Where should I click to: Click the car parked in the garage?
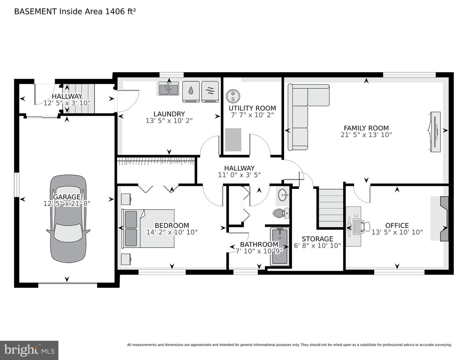pos(68,219)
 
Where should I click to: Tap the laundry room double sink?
pos(169,89)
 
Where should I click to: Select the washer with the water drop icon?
pos(191,92)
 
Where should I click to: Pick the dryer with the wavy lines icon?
pos(210,92)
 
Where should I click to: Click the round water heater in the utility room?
pos(233,96)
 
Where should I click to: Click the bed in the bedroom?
pos(148,228)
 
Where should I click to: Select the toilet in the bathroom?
pos(281,213)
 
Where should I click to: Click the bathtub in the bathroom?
pos(280,246)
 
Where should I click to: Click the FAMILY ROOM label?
pos(366,128)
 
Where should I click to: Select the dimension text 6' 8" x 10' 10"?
pos(317,245)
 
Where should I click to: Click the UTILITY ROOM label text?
pos(252,108)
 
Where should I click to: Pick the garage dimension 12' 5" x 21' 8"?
pos(67,203)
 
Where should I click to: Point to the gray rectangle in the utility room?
pos(233,140)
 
